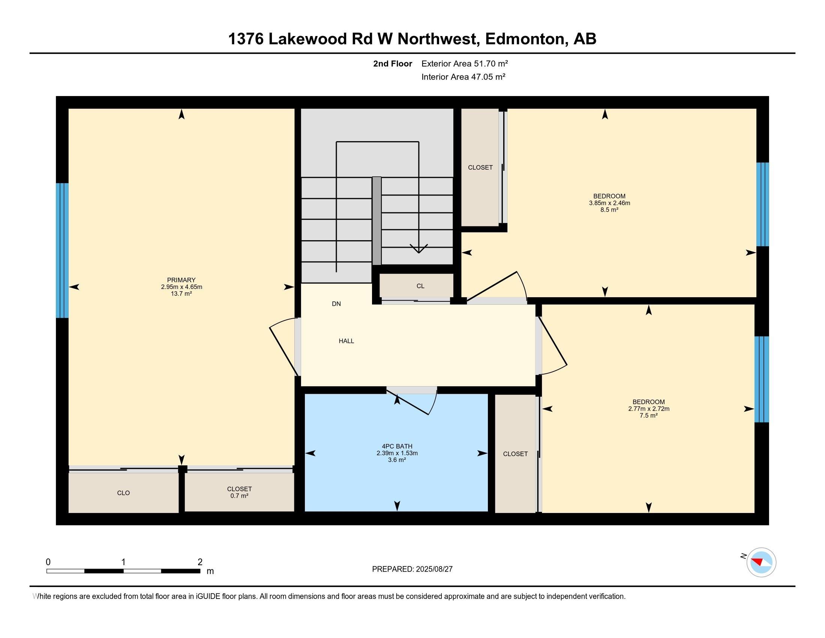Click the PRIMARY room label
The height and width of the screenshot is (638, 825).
(x=181, y=280)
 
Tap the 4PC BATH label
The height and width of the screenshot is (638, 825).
(x=397, y=446)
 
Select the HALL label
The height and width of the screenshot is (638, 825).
(x=346, y=341)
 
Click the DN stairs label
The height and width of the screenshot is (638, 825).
(x=336, y=304)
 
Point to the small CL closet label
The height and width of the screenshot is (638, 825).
(x=420, y=286)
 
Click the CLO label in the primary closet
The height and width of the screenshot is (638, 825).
(x=123, y=493)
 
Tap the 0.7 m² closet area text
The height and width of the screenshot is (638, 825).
(x=240, y=496)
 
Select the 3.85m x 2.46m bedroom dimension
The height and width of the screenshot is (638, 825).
(x=610, y=203)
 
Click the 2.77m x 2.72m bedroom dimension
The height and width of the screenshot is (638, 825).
(x=649, y=409)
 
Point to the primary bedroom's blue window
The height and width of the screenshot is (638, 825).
(x=62, y=251)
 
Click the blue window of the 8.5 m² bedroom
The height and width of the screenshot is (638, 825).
(x=762, y=205)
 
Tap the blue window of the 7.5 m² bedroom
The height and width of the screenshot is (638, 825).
(x=762, y=379)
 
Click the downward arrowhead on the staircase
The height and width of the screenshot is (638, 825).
(x=418, y=249)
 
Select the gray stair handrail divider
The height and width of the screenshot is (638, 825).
(x=376, y=221)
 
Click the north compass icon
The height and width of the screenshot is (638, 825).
(x=761, y=562)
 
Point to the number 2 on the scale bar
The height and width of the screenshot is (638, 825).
(x=200, y=562)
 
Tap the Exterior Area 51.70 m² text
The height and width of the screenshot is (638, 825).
(x=465, y=63)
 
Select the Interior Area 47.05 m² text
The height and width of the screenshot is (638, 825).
(x=463, y=77)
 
